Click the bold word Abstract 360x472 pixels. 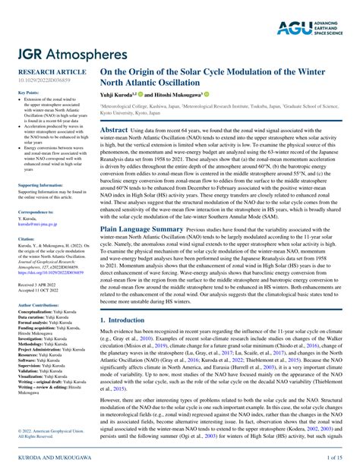pyautogui.click(x=114, y=131)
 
